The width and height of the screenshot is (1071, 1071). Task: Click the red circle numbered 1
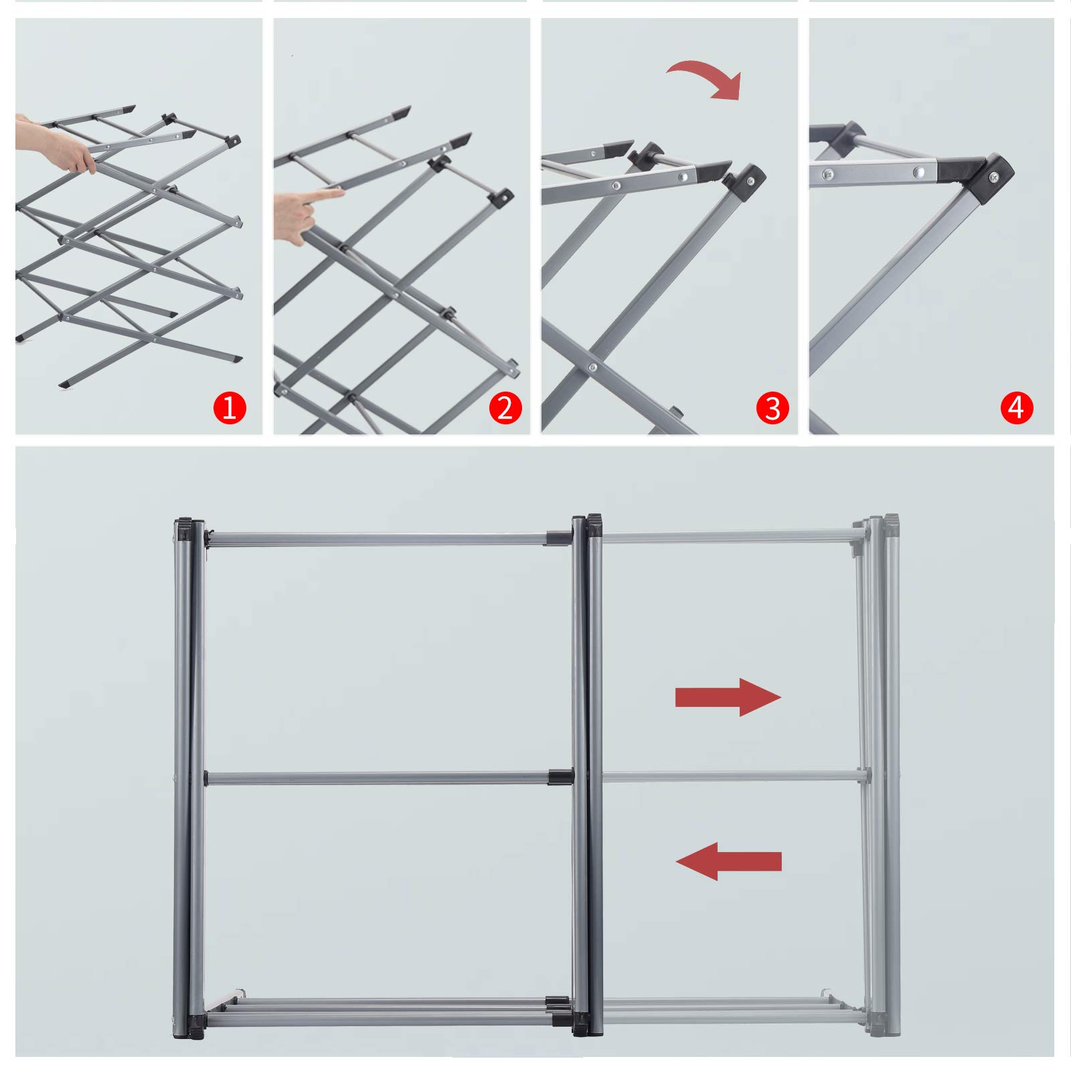(x=230, y=408)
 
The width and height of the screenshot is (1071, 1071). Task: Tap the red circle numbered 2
(x=505, y=408)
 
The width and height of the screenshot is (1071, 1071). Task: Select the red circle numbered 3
(x=772, y=408)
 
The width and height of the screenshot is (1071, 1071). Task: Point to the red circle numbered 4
(x=1017, y=408)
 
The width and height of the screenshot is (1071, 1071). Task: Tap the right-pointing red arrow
(x=728, y=697)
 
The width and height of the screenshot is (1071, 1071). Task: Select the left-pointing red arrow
(x=728, y=861)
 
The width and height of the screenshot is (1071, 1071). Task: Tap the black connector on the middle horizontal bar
(x=560, y=777)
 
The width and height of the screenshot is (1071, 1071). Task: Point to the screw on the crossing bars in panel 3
(x=592, y=367)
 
